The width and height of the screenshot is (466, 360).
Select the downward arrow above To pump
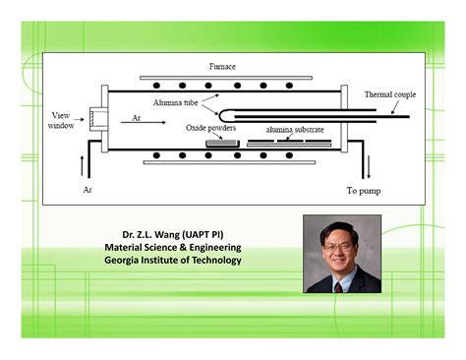coord(365,165)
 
